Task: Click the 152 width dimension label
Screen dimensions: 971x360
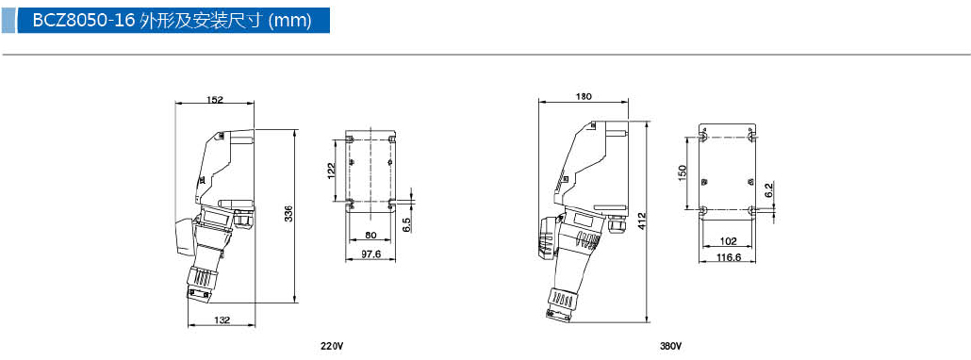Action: tap(215, 99)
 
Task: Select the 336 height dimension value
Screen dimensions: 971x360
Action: tap(288, 213)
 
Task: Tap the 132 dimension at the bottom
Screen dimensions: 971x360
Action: tap(222, 319)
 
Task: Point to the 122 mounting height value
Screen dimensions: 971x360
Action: tap(331, 170)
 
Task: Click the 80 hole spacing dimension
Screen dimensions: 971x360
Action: tap(370, 235)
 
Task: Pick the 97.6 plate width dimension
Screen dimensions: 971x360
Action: tap(370, 254)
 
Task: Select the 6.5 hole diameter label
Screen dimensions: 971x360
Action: tap(406, 224)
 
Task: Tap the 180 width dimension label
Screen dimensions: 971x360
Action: tap(584, 96)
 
